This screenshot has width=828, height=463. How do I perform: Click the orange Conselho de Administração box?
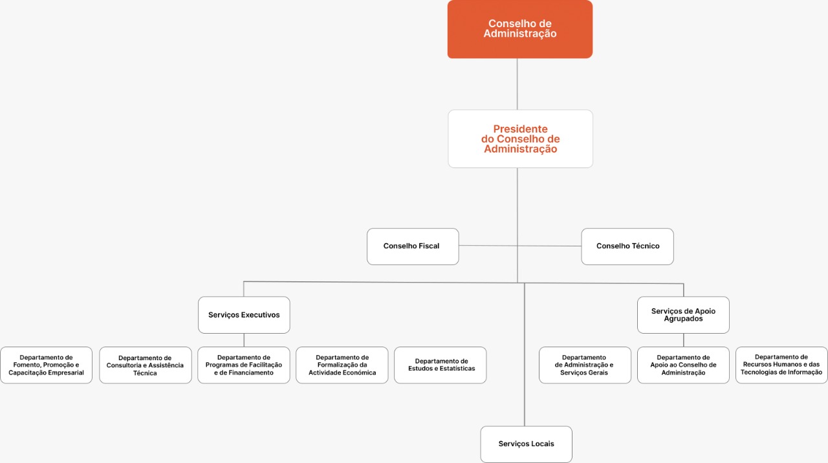point(519,29)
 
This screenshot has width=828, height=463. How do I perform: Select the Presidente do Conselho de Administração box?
point(520,138)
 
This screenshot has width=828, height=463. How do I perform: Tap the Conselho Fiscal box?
point(413,246)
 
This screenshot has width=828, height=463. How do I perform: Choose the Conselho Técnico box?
point(627,246)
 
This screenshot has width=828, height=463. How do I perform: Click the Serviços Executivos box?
point(244,315)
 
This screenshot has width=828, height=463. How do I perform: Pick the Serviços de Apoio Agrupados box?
point(683,315)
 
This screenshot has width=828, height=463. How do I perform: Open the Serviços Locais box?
point(526,444)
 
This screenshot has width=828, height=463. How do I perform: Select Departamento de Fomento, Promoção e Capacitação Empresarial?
point(46,365)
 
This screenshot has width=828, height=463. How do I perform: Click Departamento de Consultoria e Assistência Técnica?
point(146,365)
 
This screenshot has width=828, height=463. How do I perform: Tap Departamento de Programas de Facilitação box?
point(244,365)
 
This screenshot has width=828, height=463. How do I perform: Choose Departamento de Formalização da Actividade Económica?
point(342,365)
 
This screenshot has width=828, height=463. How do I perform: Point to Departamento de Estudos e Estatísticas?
point(441,365)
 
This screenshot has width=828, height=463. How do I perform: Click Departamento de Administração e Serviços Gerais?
point(585,365)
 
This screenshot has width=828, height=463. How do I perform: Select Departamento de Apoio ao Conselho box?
point(683,365)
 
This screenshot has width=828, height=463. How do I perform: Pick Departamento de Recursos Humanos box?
point(781,365)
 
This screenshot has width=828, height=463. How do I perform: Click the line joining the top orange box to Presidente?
point(517,84)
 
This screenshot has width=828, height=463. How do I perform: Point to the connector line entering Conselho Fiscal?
point(488,245)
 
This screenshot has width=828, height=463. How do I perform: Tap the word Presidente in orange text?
point(520,129)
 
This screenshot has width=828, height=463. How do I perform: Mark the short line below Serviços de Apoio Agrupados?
point(684,340)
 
